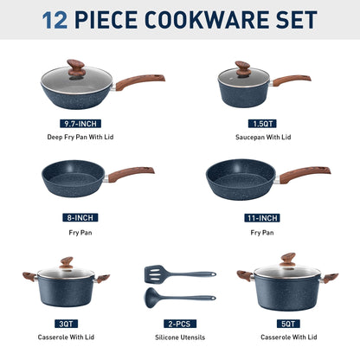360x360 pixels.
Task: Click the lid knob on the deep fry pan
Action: coord(77,66)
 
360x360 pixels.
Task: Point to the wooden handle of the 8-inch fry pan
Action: coord(131,173)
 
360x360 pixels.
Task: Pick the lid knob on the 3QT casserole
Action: coord(66,263)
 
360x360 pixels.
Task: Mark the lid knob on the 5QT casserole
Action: coord(286,259)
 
